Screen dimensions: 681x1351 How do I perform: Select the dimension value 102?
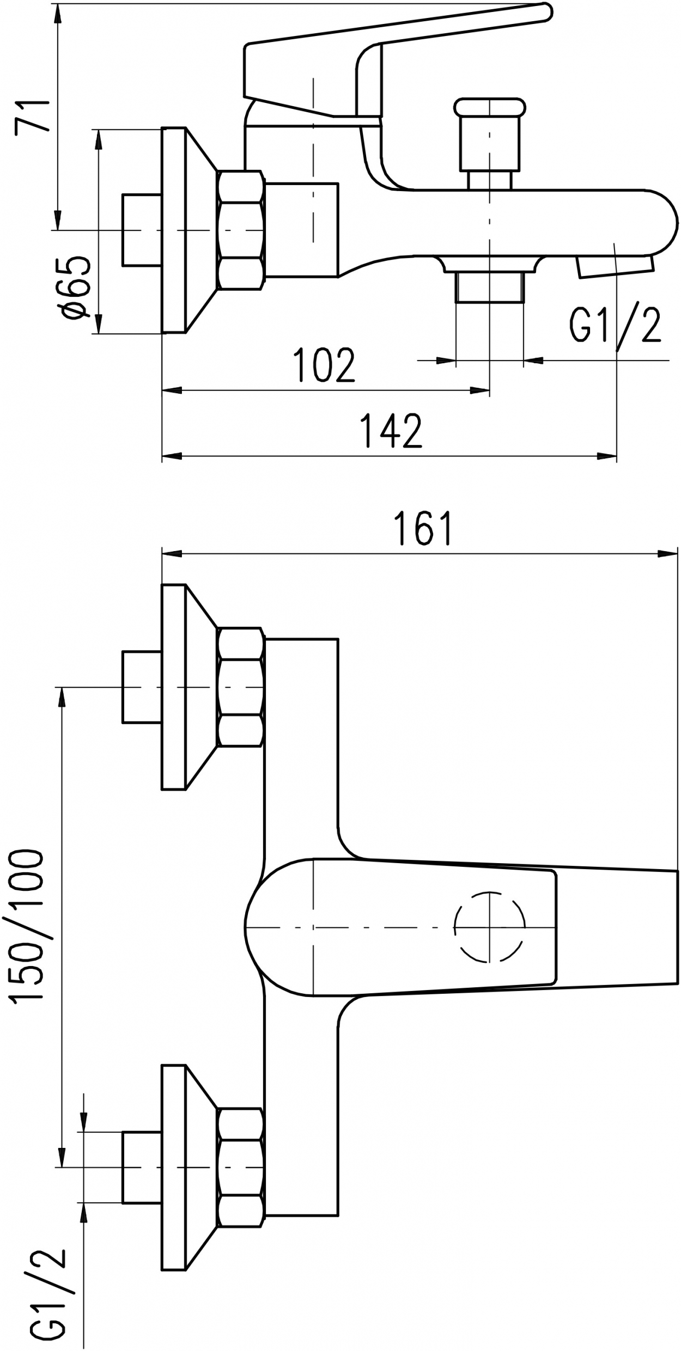point(324,364)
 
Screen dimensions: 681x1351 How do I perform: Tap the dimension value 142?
point(392,430)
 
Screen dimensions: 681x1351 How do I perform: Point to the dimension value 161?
point(423,528)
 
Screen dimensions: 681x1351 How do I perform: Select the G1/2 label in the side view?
point(616,325)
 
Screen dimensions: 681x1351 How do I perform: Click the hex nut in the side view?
point(240,230)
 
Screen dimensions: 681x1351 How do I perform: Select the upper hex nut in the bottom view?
point(240,687)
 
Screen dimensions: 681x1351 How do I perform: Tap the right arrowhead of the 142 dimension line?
point(607,456)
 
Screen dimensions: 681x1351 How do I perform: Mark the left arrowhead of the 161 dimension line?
point(172,554)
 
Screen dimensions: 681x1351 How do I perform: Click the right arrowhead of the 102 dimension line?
point(480,390)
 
